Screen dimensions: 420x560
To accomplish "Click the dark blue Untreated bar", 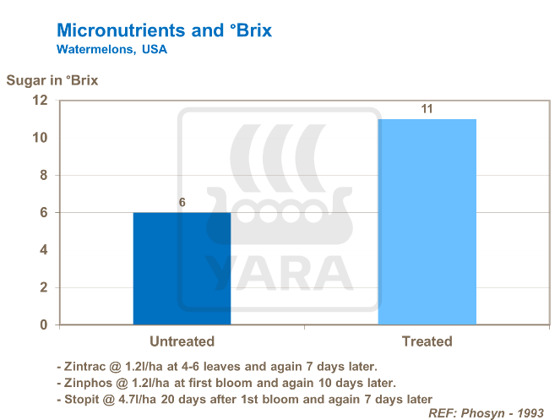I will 182,268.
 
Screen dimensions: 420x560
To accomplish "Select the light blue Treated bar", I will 427,221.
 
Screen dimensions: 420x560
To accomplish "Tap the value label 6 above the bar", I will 182,203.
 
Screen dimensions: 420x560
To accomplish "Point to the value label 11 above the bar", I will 427,109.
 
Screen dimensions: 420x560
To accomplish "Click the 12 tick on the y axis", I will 39,101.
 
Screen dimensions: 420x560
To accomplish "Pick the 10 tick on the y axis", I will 39,138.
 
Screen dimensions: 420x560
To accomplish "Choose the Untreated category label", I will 182,342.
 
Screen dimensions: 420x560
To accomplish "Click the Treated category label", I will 427,342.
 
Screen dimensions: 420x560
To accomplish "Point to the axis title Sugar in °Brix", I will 52,81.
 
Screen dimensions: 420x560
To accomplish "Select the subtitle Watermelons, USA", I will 111,50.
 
